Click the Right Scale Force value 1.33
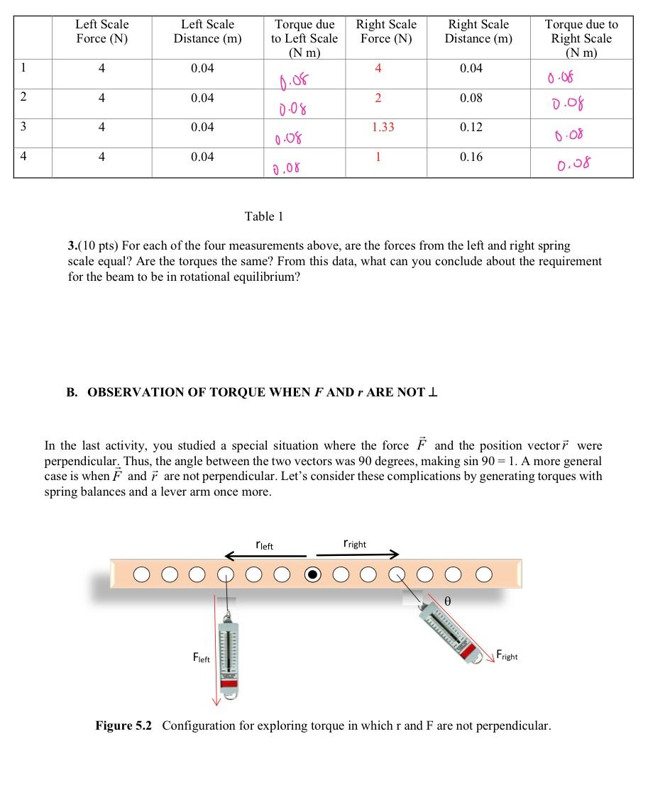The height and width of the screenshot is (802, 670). (383, 128)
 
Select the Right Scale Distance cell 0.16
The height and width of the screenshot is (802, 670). (471, 157)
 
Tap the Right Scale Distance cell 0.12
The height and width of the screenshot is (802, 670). (471, 128)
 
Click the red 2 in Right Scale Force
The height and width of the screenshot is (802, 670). (378, 98)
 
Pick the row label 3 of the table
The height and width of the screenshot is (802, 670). (23, 127)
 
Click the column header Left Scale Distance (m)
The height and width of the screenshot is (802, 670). (207, 31)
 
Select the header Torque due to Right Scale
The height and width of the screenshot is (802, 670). (581, 38)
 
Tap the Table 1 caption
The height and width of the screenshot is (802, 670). (264, 216)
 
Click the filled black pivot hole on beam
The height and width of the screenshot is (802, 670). (312, 574)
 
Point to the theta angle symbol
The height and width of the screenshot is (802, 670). (448, 601)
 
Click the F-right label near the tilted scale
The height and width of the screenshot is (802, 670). (507, 656)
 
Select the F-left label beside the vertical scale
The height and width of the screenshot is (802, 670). (202, 658)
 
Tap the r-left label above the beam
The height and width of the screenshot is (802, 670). (264, 545)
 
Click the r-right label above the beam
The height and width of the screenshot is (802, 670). (354, 545)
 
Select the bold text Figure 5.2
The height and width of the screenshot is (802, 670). (123, 725)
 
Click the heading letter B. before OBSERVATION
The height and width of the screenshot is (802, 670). (72, 392)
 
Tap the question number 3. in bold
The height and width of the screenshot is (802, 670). (72, 246)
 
